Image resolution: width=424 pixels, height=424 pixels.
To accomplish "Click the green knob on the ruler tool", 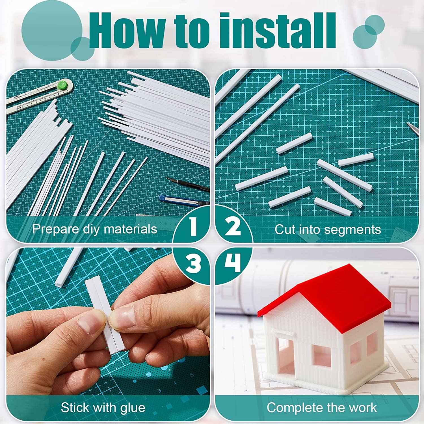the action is pyautogui.click(x=62, y=85).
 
